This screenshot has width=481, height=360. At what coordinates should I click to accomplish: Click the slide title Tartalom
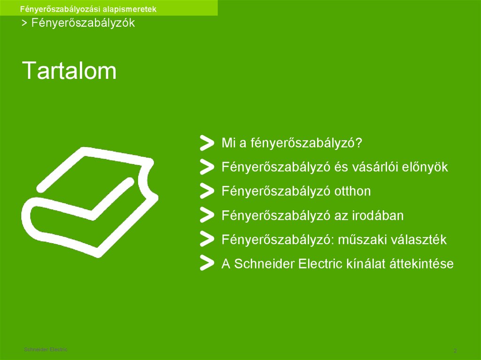pos(70,70)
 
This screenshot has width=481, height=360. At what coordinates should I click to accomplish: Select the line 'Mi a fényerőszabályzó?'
pos(292,143)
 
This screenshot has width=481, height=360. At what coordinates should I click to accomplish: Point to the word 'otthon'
pos(352,191)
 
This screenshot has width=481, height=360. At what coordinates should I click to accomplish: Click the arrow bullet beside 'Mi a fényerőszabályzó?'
pos(206,143)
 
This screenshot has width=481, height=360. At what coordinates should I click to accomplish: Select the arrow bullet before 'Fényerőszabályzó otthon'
pos(206,191)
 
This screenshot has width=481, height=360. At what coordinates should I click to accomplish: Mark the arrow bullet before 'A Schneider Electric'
pos(206,263)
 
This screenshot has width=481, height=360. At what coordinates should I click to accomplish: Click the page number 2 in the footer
pos(455,351)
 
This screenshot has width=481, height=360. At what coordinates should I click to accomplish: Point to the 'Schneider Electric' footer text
pos(46,350)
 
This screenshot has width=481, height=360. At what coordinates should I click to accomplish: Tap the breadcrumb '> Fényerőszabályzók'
pos(78,23)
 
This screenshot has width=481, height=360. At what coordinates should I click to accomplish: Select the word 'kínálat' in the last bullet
pos(366,264)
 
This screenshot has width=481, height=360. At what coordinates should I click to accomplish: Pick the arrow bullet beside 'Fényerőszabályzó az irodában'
pos(206,215)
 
